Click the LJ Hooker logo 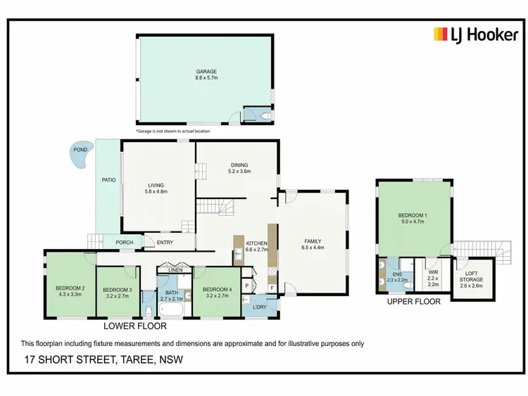[475, 34]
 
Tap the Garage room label [206, 71]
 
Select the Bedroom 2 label [70, 287]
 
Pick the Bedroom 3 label [117, 290]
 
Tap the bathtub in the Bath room [172, 310]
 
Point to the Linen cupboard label [175, 269]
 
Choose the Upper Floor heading [413, 301]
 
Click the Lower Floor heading [134, 326]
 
